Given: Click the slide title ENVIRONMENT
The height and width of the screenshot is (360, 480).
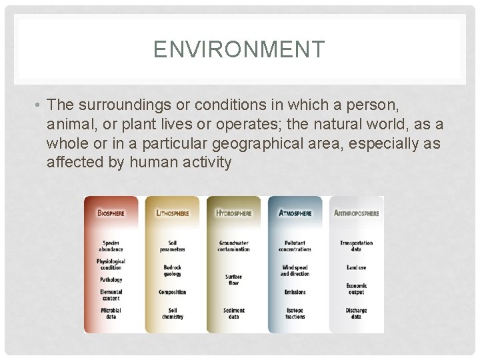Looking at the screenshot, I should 239,49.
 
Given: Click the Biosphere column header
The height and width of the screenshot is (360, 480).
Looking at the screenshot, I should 111,213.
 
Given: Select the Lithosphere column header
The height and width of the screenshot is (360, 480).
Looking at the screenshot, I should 172,213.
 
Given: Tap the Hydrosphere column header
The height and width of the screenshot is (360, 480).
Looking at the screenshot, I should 234,213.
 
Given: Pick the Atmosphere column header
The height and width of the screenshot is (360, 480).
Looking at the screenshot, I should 295,213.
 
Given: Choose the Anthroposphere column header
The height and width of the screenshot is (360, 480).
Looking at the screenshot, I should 357,213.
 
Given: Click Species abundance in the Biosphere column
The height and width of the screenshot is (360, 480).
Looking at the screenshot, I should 111,246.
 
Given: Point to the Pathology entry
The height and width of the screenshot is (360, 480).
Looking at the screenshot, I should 111,280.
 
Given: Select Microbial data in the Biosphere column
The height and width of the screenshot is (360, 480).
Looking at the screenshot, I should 111,313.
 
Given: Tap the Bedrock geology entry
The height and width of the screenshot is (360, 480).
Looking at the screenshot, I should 172,272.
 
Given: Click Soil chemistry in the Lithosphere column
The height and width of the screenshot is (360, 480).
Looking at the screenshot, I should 172,313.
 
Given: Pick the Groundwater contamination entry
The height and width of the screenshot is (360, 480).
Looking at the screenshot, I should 234,246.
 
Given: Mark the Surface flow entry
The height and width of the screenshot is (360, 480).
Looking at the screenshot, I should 234,279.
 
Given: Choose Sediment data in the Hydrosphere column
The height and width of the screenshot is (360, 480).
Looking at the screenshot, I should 234,313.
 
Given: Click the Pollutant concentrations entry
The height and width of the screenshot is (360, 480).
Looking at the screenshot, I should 295,246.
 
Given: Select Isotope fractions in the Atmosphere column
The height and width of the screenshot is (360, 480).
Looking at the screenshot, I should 295,313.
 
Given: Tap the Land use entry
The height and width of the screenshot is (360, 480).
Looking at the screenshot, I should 357,268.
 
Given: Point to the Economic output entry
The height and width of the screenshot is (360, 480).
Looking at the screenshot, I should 357,289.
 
